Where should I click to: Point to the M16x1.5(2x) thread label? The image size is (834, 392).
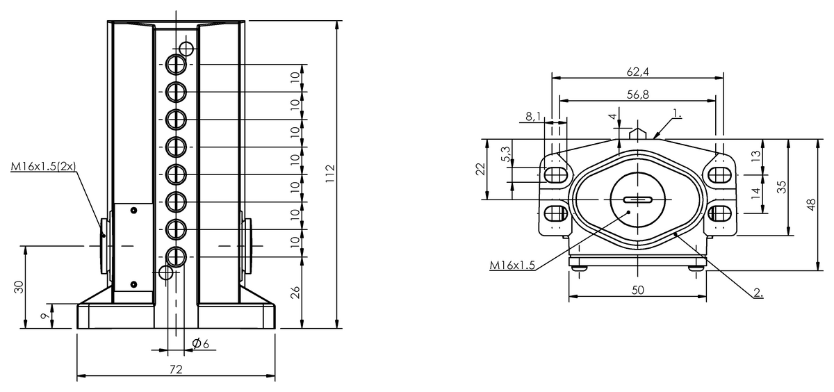pos(43,167)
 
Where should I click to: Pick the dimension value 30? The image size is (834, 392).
pos(19,286)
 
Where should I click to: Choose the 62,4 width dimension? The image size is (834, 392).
pos(637,71)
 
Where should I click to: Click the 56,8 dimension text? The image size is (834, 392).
pos(637,95)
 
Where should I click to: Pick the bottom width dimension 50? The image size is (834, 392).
pos(637,290)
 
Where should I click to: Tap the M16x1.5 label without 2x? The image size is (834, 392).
pos(513,265)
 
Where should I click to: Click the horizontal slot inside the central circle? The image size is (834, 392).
pos(637,200)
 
